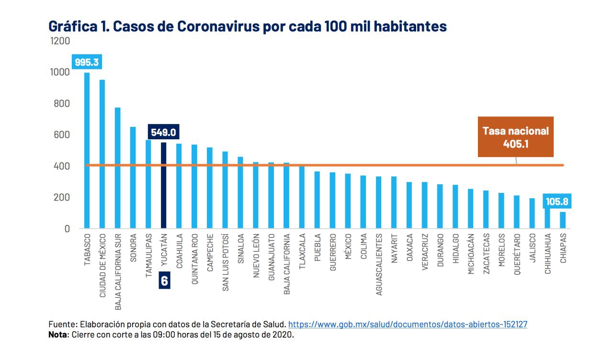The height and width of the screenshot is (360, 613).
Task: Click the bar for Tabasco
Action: (87, 150)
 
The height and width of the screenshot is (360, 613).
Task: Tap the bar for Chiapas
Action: (563, 220)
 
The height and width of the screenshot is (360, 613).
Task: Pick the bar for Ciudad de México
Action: (102, 154)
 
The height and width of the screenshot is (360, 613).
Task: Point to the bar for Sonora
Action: (133, 177)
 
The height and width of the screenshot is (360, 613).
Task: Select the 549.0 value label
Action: (164, 133)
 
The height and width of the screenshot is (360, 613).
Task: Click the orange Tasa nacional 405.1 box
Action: (515, 136)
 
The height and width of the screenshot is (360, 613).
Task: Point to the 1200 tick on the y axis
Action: (60, 41)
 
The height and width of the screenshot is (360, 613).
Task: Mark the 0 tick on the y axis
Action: (67, 229)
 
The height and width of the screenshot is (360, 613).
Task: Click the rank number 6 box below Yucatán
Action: (164, 281)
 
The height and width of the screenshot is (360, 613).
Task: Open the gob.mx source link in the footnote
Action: (408, 324)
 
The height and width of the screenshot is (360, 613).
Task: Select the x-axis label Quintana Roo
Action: (194, 259)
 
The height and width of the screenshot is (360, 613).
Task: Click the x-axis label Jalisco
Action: (532, 248)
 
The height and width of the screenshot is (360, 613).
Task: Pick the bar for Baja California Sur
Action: (117, 168)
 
